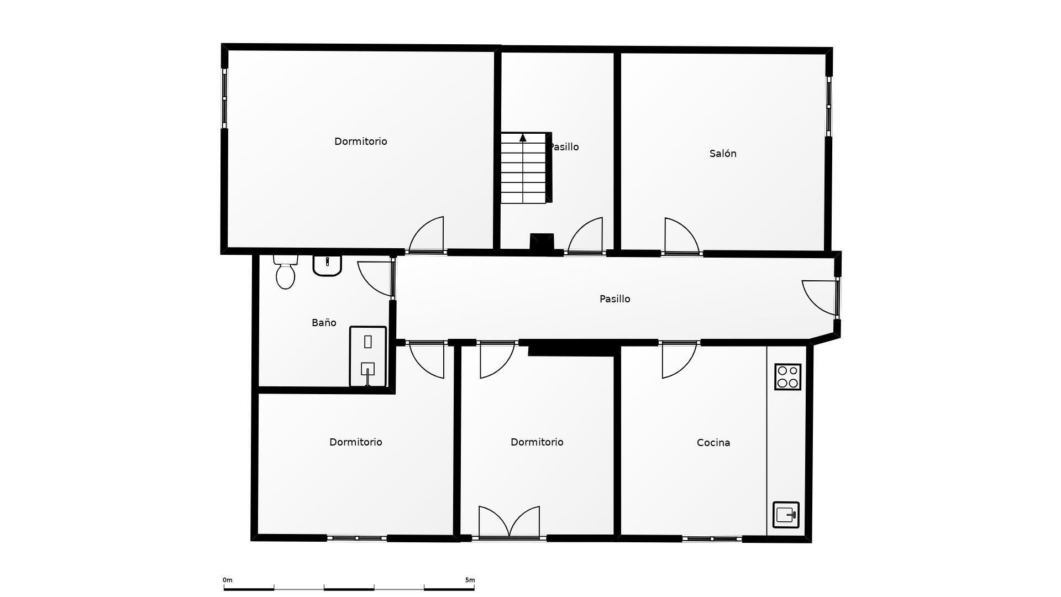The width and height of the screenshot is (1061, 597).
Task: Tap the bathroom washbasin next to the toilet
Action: pyautogui.click(x=327, y=265)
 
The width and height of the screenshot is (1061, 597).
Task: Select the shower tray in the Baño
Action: pyautogui.click(x=367, y=357)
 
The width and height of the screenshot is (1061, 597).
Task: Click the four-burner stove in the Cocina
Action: pyautogui.click(x=787, y=377)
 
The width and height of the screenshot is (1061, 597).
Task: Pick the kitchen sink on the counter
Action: pyautogui.click(x=786, y=515)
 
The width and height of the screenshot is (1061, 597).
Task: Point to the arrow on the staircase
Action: pyautogui.click(x=523, y=138)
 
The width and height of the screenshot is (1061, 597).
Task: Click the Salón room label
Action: pyautogui.click(x=723, y=154)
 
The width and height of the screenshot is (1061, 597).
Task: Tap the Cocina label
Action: pyautogui.click(x=713, y=443)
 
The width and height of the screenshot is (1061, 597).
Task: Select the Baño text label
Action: pyautogui.click(x=324, y=323)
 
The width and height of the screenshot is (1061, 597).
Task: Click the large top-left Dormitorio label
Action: pyautogui.click(x=360, y=142)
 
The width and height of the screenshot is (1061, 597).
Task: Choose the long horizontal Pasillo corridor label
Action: pyautogui.click(x=614, y=299)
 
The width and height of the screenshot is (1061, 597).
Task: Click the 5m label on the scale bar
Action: pyautogui.click(x=470, y=580)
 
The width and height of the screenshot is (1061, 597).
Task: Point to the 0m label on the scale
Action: pyautogui.click(x=228, y=580)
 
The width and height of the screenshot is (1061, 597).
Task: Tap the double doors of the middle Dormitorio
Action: pyautogui.click(x=509, y=522)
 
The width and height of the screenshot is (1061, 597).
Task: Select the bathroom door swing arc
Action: pyautogui.click(x=375, y=278)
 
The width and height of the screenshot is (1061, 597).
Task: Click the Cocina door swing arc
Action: pyautogui.click(x=679, y=360)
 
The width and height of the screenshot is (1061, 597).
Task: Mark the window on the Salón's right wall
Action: pyautogui.click(x=828, y=106)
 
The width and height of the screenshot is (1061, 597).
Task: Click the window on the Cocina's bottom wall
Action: pyautogui.click(x=712, y=538)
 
